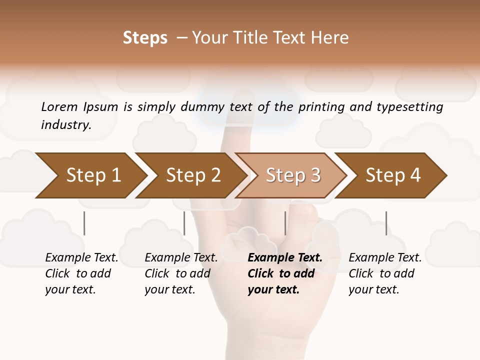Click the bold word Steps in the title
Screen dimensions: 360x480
pyautogui.click(x=145, y=38)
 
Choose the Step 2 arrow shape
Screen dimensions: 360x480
pyautogui.click(x=192, y=175)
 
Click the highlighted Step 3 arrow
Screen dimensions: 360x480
pyautogui.click(x=292, y=175)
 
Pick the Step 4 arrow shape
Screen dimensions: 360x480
pyautogui.click(x=392, y=175)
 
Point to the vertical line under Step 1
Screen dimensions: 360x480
pyautogui.click(x=84, y=223)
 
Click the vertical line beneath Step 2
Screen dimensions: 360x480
pyautogui.click(x=184, y=223)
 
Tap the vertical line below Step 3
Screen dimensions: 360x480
pyautogui.click(x=285, y=223)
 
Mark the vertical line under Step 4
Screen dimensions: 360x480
pyautogui.click(x=386, y=223)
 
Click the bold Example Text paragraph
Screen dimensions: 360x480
pyautogui.click(x=284, y=273)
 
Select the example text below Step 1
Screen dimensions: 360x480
pyautogui.click(x=81, y=273)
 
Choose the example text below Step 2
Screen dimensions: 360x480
pyautogui.click(x=181, y=273)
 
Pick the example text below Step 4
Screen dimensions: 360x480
pyautogui.click(x=385, y=273)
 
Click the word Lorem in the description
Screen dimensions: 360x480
pyautogui.click(x=59, y=107)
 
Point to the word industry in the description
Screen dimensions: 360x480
pyautogui.click(x=65, y=125)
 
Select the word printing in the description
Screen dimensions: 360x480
pyautogui.click(x=322, y=107)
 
